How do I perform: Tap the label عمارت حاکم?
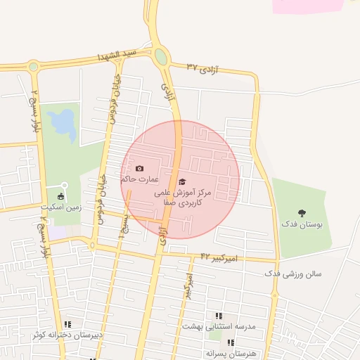[x=139, y=179]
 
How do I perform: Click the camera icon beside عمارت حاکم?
[x=139, y=169]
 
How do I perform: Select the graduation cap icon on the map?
[x=183, y=181]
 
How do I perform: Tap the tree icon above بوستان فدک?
[x=302, y=212]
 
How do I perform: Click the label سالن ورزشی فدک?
[x=292, y=273]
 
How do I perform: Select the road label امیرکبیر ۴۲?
[x=219, y=257]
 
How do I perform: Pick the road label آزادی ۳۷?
[x=203, y=68]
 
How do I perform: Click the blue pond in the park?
[x=64, y=125]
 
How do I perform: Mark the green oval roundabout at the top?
[x=161, y=56]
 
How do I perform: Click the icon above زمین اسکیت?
[x=60, y=196]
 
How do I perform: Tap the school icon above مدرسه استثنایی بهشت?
[x=218, y=316]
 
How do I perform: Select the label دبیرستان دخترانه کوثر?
[x=67, y=335]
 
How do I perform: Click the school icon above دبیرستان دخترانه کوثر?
[x=67, y=324]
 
